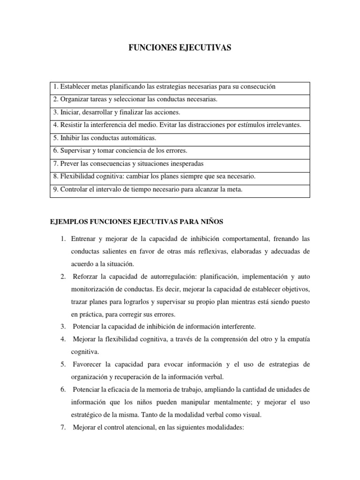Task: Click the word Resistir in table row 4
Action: (70, 125)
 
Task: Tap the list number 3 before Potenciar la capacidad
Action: (63, 326)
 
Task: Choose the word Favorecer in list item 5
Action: (89, 364)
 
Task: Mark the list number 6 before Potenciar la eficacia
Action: (63, 390)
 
